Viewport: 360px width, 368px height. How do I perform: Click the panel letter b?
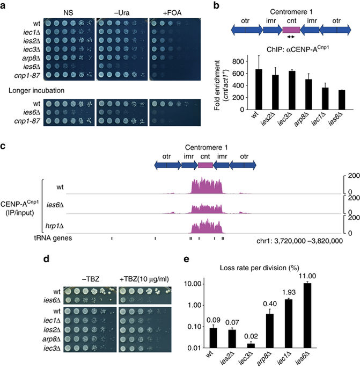(201, 6)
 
